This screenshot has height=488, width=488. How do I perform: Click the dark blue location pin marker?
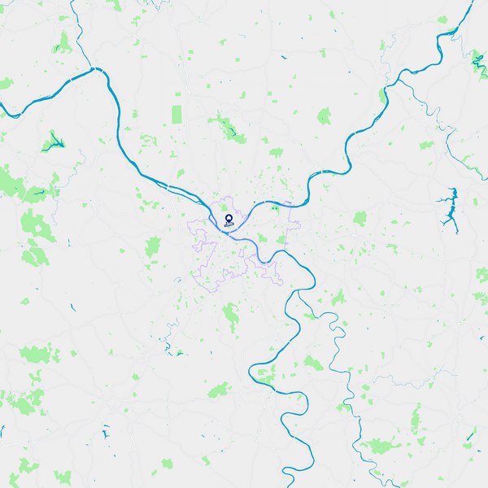pos(229,220)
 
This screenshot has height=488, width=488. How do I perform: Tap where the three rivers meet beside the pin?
pos(220,227)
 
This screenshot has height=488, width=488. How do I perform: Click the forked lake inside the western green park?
pos(54,143)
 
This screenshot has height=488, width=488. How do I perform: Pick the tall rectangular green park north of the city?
pos(177,115)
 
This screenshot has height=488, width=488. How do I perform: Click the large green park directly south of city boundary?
pos(231,312)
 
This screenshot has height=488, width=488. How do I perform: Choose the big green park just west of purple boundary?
pos(153,246)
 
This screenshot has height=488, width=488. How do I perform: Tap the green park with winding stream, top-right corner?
pos(478,59)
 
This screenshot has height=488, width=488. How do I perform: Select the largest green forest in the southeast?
pos(378,446)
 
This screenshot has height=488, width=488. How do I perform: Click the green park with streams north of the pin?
pos(225,126)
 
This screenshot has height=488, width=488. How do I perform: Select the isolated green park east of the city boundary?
pos(359,218)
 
